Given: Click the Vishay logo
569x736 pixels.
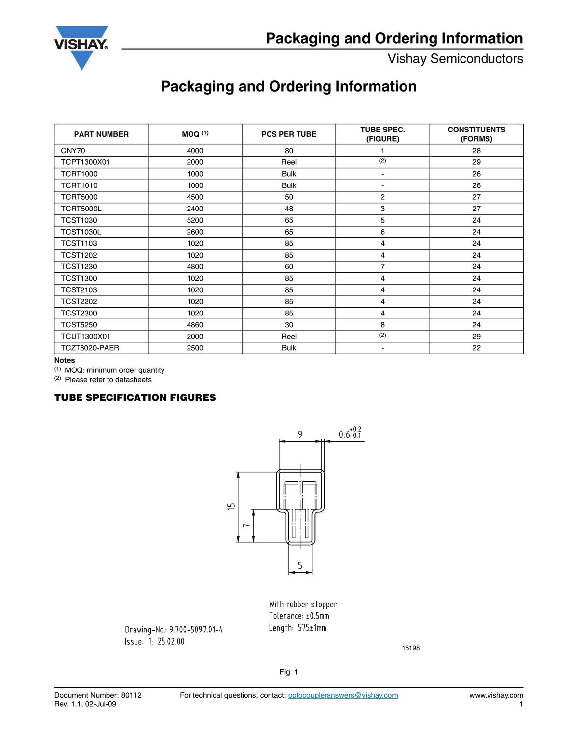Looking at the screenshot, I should [x=81, y=47].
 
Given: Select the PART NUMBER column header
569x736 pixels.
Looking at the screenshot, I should [x=101, y=134].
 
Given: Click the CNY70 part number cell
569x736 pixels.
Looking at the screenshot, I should [x=73, y=151].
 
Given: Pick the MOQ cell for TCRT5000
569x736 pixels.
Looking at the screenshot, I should [x=195, y=197].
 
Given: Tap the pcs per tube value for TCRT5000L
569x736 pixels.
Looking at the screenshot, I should [x=289, y=209].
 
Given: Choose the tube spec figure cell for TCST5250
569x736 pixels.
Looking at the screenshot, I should [x=382, y=325].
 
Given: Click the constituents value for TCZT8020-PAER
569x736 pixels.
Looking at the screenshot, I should [x=476, y=348].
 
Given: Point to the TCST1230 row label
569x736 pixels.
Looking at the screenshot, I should [x=79, y=267].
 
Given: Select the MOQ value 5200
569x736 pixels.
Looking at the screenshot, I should [x=195, y=220].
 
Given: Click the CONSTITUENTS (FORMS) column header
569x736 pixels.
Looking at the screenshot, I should [x=476, y=134].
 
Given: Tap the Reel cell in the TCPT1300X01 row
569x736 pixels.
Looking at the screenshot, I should [x=289, y=162].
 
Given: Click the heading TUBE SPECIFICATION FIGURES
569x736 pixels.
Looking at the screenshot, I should [x=135, y=398].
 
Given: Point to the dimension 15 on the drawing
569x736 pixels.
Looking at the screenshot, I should [x=232, y=507].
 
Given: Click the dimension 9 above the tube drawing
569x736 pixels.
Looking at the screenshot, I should [x=300, y=434].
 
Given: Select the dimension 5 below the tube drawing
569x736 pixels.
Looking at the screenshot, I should [x=300, y=566].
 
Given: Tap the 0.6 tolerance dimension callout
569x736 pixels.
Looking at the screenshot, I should [x=350, y=434].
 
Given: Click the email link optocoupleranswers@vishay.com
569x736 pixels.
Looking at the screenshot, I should [x=343, y=695].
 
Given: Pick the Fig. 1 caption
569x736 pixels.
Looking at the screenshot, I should [x=289, y=672].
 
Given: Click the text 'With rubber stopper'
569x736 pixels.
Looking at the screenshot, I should [x=303, y=604].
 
